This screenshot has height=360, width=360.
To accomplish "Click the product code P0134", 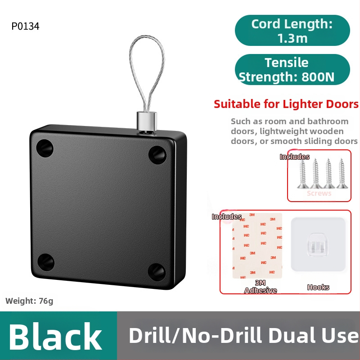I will tap(25, 27).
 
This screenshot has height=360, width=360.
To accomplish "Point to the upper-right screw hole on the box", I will tap(157, 154).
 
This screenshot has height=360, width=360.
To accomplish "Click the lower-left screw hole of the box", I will tap(46, 262).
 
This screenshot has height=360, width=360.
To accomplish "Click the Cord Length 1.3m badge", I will tap(292, 31).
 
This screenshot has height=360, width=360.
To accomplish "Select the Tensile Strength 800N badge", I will tap(292, 70).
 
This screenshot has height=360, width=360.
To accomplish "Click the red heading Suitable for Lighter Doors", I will tap(286, 104).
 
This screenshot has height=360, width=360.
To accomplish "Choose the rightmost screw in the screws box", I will tap(342, 173).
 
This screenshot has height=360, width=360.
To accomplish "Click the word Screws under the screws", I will tap(319, 193).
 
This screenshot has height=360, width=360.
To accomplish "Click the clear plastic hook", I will tap(318, 245).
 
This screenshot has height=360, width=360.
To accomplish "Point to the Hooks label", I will tap(318, 287).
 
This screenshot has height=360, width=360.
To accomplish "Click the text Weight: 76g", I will tap(29, 301).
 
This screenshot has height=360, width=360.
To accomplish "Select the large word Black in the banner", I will tap(56, 336).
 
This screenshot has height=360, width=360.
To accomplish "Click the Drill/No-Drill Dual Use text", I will tap(243, 336).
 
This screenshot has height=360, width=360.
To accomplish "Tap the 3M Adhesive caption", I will tap(260, 287).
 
